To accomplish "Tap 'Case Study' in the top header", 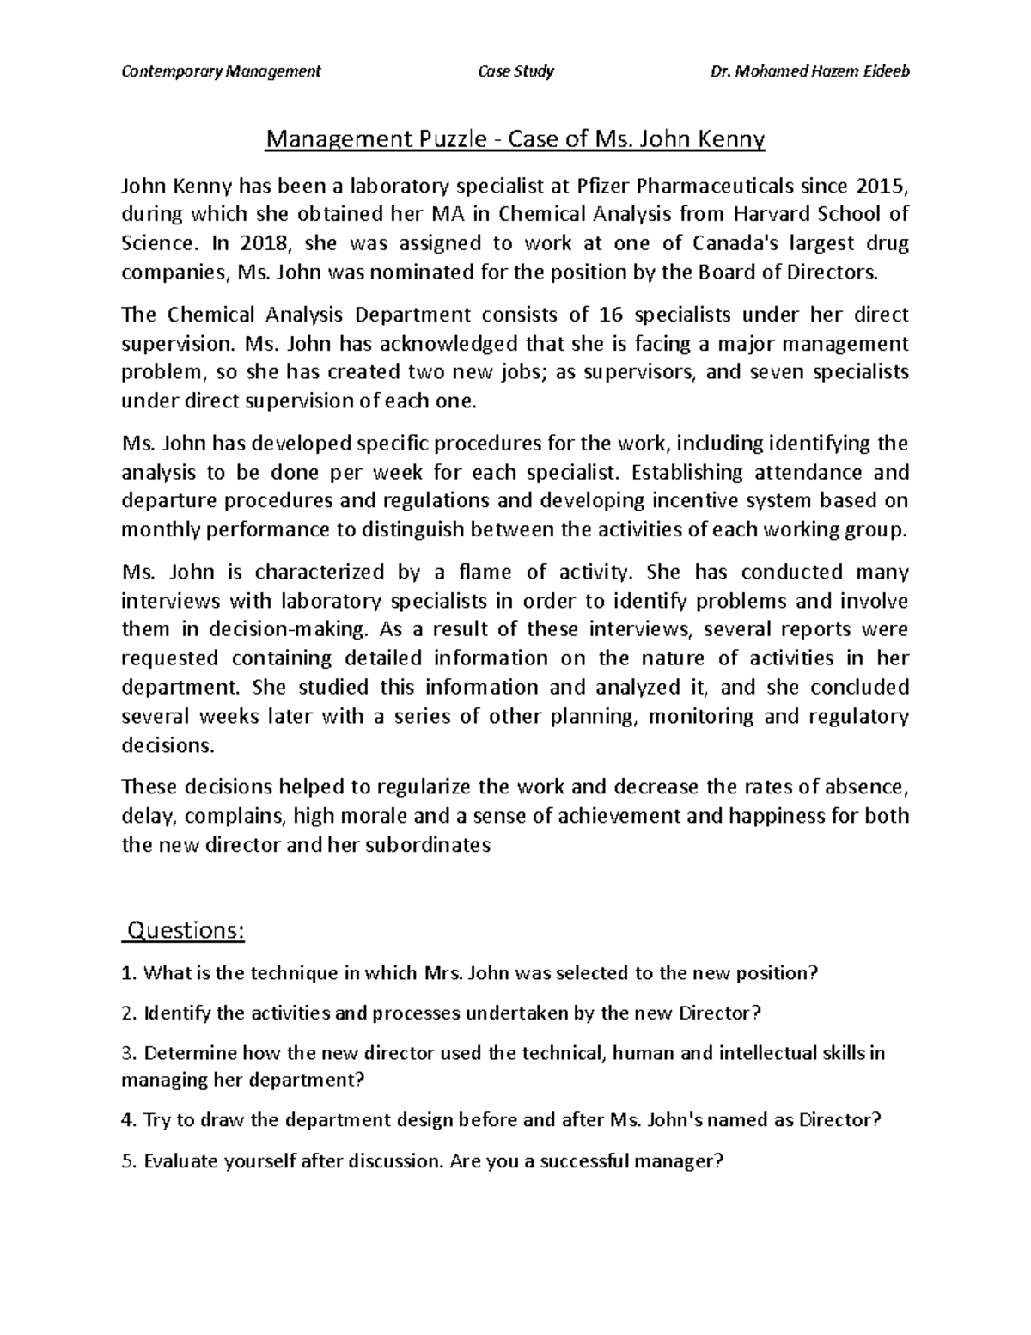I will pos(515,70).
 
